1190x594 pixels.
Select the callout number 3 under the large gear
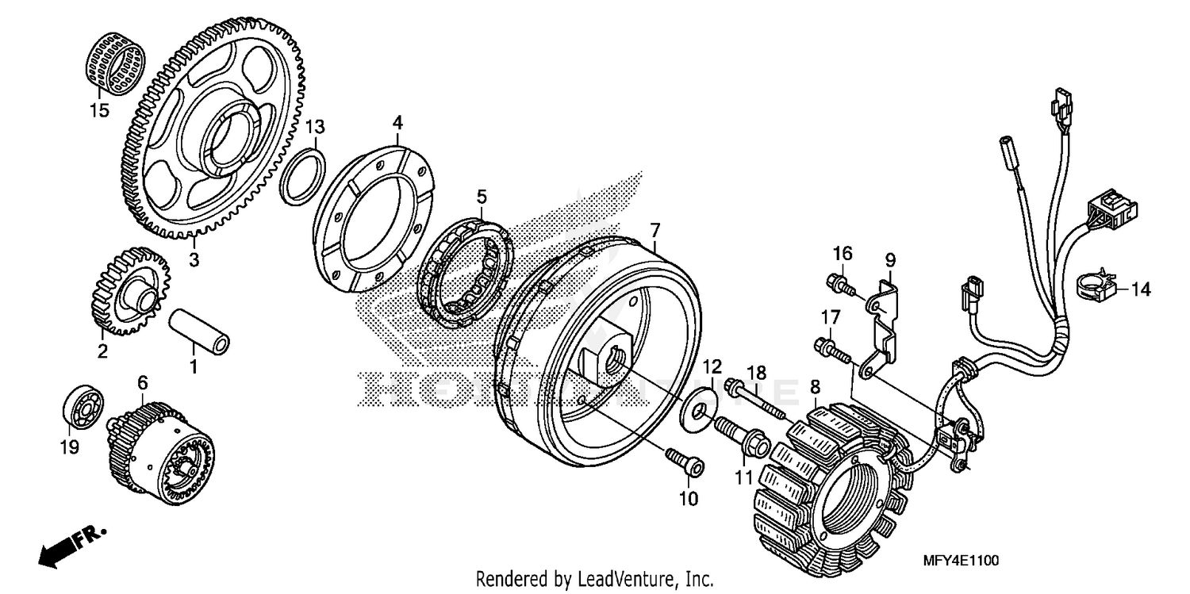(194, 259)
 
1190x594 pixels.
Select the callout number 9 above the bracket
(890, 259)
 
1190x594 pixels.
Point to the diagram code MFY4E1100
(961, 561)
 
